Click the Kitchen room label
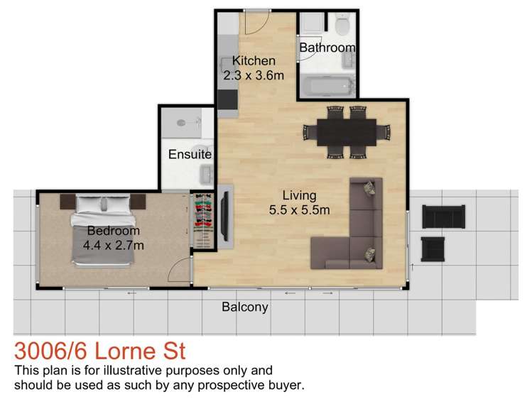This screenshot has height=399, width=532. click(x=254, y=62)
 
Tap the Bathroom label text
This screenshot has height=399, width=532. click(x=327, y=48)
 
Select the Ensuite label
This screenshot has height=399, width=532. click(x=190, y=154)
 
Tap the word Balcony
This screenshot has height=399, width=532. click(x=245, y=307)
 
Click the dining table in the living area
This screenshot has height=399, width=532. click(x=346, y=131)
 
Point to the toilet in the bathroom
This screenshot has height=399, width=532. click(x=342, y=26)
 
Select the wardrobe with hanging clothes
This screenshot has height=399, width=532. click(x=202, y=220)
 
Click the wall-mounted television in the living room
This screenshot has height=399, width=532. click(x=224, y=217)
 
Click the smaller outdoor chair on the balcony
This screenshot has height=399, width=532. click(x=433, y=249)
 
